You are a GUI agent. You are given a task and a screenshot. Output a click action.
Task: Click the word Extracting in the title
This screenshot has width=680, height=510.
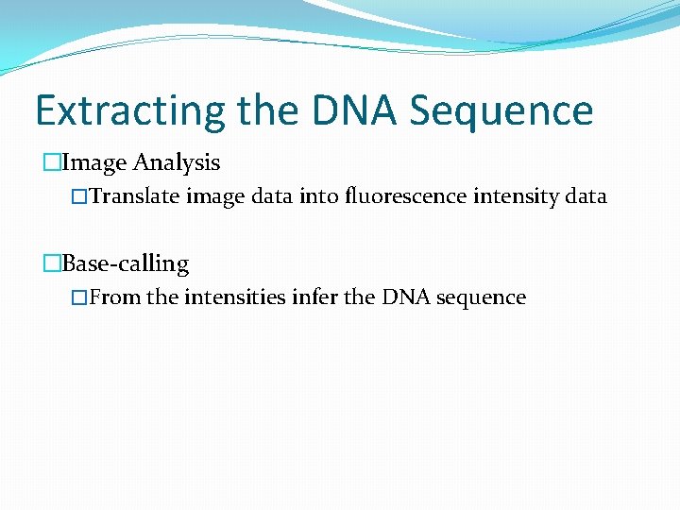click(x=129, y=111)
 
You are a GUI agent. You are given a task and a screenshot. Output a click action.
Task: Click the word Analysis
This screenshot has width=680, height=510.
click(x=177, y=163)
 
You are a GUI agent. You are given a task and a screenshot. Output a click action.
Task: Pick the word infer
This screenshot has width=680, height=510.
click(x=314, y=297)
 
